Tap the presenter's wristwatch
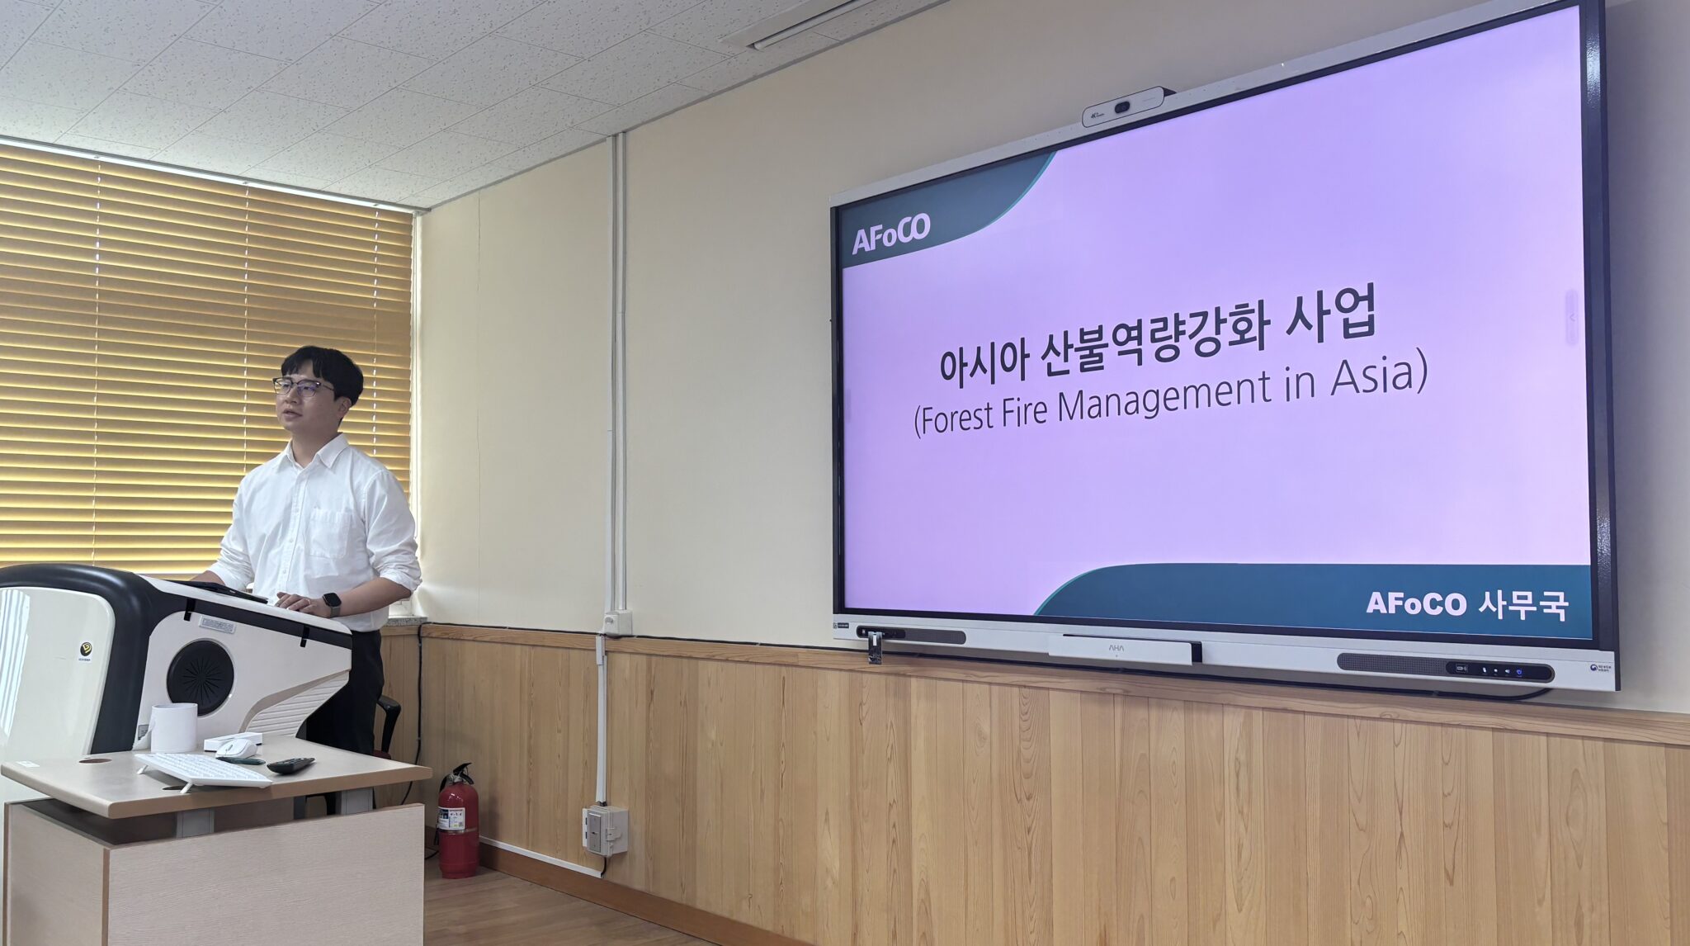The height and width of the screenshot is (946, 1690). point(333,603)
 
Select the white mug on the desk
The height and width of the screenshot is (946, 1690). point(174,727)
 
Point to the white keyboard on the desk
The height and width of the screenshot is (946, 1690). point(203,769)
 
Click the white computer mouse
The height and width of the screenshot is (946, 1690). point(237,749)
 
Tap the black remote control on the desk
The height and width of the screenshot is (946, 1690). point(290,765)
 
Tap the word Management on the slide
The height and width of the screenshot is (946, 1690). point(1164,399)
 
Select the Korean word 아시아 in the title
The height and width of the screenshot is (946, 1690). point(983,361)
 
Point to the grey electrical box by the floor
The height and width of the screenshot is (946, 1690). point(606,829)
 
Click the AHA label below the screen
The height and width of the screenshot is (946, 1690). point(1116,648)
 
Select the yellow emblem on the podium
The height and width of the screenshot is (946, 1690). point(86,650)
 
